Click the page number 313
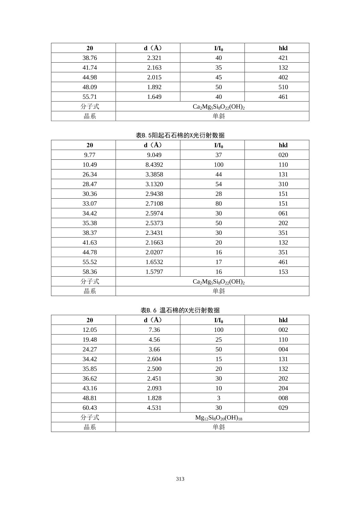click(x=180, y=479)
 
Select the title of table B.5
click(x=180, y=135)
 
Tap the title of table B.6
click(x=180, y=310)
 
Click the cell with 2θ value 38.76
click(x=90, y=58)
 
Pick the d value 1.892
click(x=154, y=87)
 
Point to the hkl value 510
click(x=283, y=87)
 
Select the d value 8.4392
click(x=154, y=165)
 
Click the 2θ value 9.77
click(x=90, y=155)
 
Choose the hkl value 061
click(x=283, y=213)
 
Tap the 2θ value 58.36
click(x=90, y=272)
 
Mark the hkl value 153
click(x=283, y=272)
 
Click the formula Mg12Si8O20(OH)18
click(x=219, y=418)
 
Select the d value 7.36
click(x=154, y=330)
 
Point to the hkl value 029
click(x=283, y=408)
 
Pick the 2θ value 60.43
click(x=90, y=408)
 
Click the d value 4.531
click(x=154, y=408)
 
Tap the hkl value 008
click(x=283, y=398)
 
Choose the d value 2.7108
click(x=154, y=204)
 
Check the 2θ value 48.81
click(x=90, y=398)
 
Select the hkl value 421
click(x=283, y=58)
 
